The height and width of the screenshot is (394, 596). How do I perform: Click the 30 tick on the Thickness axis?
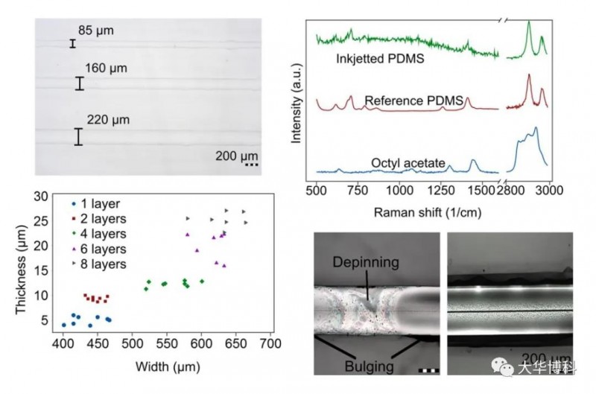point(42,196)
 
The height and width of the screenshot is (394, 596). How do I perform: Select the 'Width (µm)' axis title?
point(165,366)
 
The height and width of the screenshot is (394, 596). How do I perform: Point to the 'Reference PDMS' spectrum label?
point(414,100)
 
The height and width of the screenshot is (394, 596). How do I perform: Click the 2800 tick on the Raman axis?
point(513,191)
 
